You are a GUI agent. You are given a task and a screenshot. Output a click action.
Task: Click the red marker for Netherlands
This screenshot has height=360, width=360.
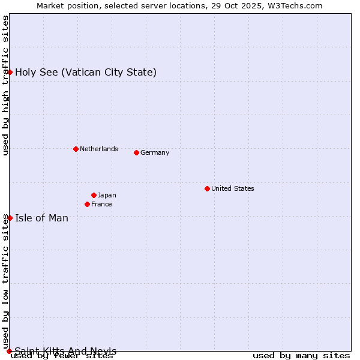(x=76, y=149)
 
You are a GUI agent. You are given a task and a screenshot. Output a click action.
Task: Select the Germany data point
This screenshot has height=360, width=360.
(x=136, y=152)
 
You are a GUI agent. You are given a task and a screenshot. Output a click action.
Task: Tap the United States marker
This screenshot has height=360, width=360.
(x=207, y=188)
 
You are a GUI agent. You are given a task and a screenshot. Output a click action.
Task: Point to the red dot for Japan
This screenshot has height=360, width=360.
(x=94, y=195)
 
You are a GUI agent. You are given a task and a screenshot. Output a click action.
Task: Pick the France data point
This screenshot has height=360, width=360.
(x=87, y=204)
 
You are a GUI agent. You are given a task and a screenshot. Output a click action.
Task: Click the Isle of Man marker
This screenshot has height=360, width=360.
(x=10, y=218)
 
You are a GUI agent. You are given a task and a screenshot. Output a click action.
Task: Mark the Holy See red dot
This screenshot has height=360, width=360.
(x=10, y=72)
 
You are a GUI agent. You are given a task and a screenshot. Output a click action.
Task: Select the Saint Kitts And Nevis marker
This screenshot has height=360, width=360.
(x=9, y=351)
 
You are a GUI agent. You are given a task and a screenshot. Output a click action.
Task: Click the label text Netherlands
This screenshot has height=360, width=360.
(x=99, y=149)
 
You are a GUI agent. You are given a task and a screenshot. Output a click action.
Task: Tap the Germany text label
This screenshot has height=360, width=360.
(x=155, y=152)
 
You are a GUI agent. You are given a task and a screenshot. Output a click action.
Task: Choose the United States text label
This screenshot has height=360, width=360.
(x=233, y=188)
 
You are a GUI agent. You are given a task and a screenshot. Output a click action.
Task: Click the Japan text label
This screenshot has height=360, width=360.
(x=107, y=195)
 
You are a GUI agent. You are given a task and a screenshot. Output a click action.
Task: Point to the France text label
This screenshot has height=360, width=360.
(x=101, y=204)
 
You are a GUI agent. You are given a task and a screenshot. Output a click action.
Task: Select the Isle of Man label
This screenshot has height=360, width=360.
(x=41, y=218)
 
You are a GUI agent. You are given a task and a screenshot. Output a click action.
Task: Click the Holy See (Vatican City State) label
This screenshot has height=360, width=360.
(x=86, y=72)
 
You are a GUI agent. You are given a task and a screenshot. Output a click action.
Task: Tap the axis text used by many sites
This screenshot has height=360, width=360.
(x=301, y=355)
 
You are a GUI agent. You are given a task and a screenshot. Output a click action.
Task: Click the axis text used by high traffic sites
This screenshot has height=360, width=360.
(x=5, y=85)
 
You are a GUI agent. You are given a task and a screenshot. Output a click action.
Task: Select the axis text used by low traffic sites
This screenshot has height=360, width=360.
(x=5, y=281)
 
